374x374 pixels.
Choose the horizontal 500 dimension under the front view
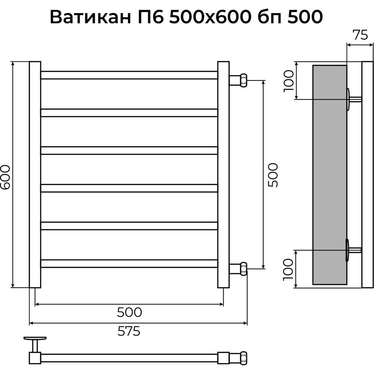coord(129,312)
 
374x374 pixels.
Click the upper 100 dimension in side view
coord(288,80)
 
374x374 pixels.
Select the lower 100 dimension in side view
coord(288,269)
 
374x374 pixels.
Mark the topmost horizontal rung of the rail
coord(129,75)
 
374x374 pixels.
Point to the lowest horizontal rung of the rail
coord(129,263)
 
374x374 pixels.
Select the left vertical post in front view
coord(35,175)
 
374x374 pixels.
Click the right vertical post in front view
coord(223,175)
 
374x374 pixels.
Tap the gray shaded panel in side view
coord(329,175)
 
